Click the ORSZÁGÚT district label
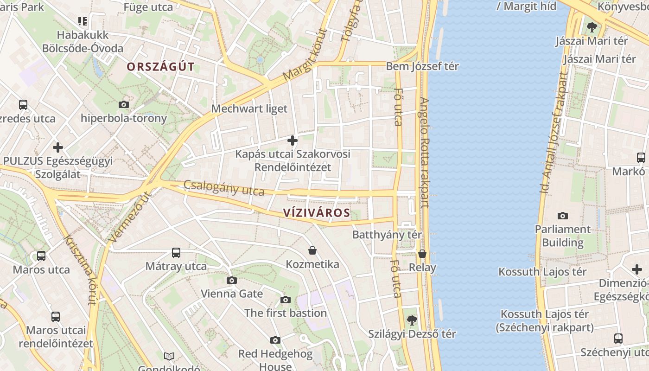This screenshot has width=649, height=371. pyautogui.click(x=161, y=67)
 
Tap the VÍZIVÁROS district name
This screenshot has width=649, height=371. pyautogui.click(x=316, y=213)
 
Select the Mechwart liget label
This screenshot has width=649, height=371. pyautogui.click(x=249, y=109)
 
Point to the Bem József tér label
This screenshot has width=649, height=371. pyautogui.click(x=422, y=66)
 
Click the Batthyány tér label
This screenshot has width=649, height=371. pyautogui.click(x=387, y=234)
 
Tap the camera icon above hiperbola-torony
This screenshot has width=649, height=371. pyautogui.click(x=124, y=104)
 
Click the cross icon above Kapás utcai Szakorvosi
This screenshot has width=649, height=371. pyautogui.click(x=293, y=140)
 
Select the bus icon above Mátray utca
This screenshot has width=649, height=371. pyautogui.click(x=176, y=253)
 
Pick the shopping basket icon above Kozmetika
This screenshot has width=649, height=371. pyautogui.click(x=312, y=251)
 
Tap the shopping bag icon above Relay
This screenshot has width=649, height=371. pyautogui.click(x=422, y=254)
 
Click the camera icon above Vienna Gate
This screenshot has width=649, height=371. pyautogui.click(x=232, y=280)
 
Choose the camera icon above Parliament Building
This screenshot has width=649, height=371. pyautogui.click(x=563, y=216)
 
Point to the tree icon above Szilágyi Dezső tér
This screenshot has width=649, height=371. pyautogui.click(x=411, y=320)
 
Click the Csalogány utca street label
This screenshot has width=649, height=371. pyautogui.click(x=224, y=188)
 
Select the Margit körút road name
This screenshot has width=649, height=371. pyautogui.click(x=305, y=54)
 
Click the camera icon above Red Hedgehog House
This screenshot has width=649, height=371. pyautogui.click(x=275, y=340)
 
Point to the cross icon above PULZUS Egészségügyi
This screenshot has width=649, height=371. pyautogui.click(x=58, y=147)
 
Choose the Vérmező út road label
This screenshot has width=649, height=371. pyautogui.click(x=130, y=217)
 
